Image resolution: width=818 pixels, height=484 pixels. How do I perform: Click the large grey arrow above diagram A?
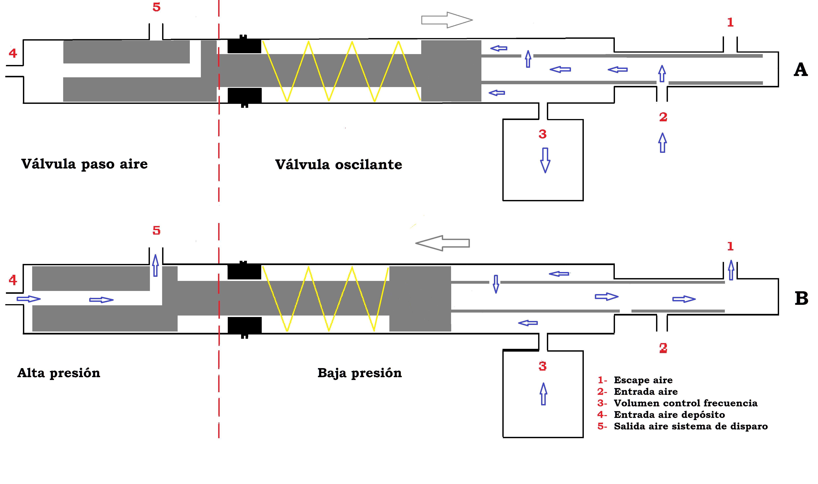447,20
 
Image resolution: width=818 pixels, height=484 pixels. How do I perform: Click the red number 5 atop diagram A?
157,7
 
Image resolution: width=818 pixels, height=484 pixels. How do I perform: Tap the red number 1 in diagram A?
730,23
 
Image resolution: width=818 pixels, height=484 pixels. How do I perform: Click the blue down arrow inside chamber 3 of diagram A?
545,160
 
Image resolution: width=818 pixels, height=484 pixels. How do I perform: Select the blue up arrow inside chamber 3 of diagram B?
543,394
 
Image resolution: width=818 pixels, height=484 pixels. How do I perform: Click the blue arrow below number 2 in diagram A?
662,143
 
